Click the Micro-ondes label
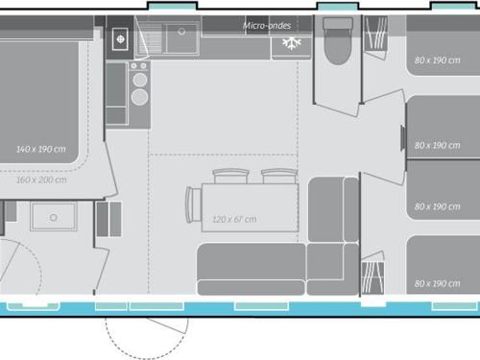click(x=267, y=26)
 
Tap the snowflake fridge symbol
click(x=292, y=43)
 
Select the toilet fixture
click(x=338, y=40)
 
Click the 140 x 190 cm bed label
click(x=41, y=149)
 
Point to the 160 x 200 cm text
click(x=41, y=180)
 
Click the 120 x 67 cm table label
click(x=234, y=219)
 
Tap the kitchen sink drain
click(x=181, y=32)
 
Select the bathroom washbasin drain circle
click(x=54, y=218)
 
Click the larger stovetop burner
click(x=139, y=97)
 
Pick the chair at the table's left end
click(x=193, y=204)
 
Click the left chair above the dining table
click(x=230, y=176)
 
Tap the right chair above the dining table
click(x=279, y=176)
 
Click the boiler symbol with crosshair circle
click(x=120, y=39)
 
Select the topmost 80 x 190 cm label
click(x=438, y=60)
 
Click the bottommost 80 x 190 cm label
click(x=438, y=283)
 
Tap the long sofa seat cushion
click(x=252, y=261)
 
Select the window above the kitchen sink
click(x=173, y=6)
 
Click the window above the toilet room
click(x=338, y=6)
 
